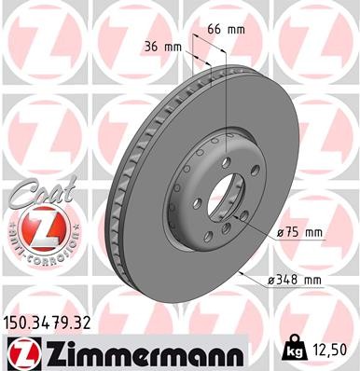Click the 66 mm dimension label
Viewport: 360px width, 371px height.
(x=231, y=30)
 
